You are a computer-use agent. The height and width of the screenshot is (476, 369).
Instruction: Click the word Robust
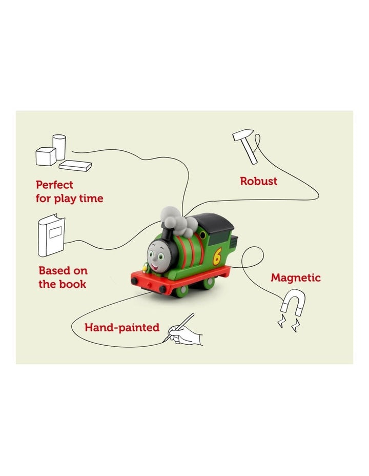258,181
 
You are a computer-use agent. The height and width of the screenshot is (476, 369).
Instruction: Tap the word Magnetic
296,277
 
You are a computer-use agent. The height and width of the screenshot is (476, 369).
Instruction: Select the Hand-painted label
122,327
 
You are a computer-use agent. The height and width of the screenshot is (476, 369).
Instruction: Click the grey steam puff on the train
177,218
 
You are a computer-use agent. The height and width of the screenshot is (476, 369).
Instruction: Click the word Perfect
54,185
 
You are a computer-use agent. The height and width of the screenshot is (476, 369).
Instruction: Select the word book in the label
73,284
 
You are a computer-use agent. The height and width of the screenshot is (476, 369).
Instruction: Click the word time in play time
91,198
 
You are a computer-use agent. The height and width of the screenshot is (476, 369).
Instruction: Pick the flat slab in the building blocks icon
75,165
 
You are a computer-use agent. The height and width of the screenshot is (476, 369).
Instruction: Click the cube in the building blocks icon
45,156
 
